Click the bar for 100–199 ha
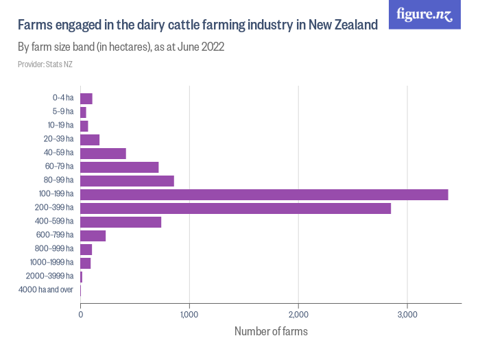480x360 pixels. [264, 195]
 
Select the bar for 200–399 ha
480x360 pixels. [235, 208]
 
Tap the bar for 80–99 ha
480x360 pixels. [127, 181]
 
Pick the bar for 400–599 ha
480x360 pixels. [121, 221]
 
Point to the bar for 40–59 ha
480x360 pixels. [103, 154]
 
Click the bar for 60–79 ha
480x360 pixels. [119, 167]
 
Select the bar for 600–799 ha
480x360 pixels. [93, 235]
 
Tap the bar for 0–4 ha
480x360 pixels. [86, 99]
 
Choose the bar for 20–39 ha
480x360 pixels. [90, 140]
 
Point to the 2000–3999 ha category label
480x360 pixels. [49, 276]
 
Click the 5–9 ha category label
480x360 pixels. [62, 112]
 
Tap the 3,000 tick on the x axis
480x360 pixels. [407, 315]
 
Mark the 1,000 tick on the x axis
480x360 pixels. [189, 315]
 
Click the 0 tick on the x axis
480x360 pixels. [81, 315]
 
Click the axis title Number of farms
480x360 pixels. [271, 332]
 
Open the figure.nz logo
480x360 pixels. [424, 14]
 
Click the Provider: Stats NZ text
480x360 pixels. [45, 64]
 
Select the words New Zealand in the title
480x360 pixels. [343, 25]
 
